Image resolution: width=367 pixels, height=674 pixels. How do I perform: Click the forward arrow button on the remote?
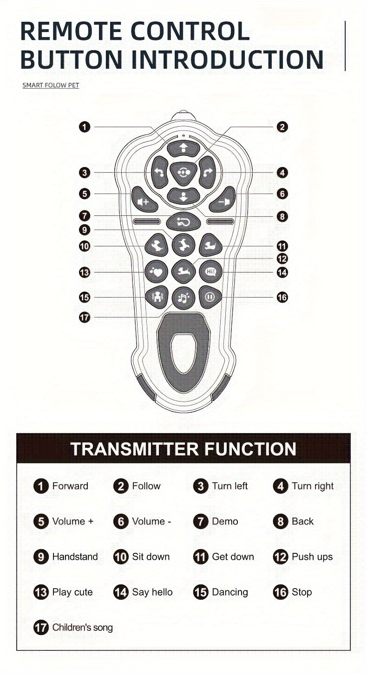[183, 149]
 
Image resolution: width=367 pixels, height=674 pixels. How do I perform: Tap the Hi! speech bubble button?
[211, 272]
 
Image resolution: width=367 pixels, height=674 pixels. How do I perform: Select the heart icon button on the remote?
[156, 272]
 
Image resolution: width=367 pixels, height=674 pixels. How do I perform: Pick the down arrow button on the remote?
[183, 196]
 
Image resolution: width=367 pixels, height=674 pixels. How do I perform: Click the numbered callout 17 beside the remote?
[85, 317]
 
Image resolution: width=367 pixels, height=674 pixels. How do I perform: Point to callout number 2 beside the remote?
[282, 127]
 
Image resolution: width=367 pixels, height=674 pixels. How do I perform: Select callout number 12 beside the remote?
[282, 259]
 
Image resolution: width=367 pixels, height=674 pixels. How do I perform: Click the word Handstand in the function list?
[75, 557]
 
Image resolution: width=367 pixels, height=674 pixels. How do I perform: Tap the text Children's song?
[83, 628]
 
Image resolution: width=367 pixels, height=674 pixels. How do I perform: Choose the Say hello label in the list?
[152, 592]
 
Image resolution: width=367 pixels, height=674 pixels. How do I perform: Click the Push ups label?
[312, 557]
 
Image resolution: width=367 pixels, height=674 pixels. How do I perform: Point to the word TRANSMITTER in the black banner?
[135, 449]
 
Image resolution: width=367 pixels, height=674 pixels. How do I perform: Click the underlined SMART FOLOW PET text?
[51, 85]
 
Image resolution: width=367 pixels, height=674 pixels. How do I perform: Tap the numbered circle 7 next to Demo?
[201, 521]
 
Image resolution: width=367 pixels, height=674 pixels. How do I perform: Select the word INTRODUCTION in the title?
[228, 59]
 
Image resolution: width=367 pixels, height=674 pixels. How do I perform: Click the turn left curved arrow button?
[159, 172]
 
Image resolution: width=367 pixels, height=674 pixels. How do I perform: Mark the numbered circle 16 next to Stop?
[281, 592]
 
